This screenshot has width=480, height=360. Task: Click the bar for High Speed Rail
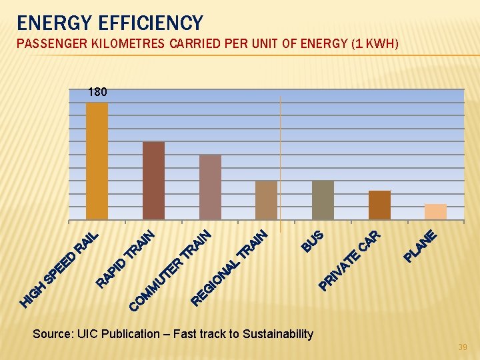(97, 161)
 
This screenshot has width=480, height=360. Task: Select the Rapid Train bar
(153, 180)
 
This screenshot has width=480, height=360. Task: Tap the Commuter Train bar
(210, 187)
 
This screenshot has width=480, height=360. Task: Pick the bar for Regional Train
(266, 199)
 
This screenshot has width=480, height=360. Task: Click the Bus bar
(323, 199)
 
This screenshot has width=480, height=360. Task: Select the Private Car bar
(379, 205)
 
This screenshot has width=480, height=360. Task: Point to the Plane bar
(435, 211)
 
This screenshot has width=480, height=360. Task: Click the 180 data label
(97, 92)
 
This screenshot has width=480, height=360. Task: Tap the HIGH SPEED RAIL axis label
(59, 269)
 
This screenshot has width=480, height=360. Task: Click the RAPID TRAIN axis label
(126, 259)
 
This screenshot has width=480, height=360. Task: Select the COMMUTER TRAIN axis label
(170, 270)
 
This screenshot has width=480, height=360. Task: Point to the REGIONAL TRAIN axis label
(229, 267)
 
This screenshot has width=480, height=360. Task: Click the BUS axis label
(312, 241)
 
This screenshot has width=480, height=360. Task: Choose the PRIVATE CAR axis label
(349, 260)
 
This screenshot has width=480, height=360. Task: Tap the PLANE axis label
(421, 245)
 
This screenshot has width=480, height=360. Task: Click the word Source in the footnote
(50, 333)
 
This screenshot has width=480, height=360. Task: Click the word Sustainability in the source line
(278, 333)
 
